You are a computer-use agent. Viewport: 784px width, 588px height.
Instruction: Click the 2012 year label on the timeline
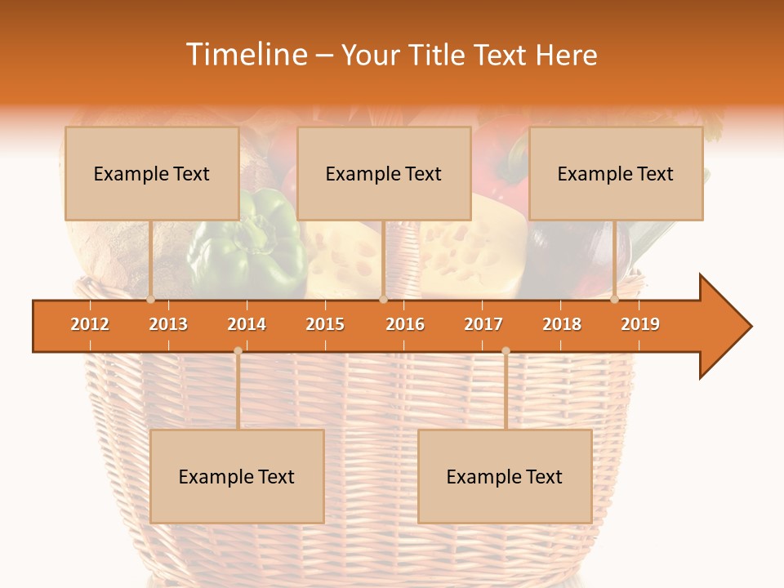point(90,324)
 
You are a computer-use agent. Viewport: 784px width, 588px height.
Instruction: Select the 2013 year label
point(168,324)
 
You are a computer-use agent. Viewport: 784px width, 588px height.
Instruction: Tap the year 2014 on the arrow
point(247,324)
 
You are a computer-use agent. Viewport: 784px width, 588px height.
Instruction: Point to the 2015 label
point(325,324)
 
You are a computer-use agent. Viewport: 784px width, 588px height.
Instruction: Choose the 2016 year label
point(405,324)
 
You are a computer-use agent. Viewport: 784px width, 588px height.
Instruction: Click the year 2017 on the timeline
point(483,324)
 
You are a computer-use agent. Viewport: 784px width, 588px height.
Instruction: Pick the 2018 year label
point(562,324)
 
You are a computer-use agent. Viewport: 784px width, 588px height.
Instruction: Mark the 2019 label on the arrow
point(640,324)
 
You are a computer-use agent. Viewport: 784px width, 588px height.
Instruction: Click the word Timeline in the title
point(245,55)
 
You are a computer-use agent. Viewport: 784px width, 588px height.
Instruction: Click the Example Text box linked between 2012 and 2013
point(152,173)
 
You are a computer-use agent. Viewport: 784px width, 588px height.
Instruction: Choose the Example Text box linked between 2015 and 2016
point(384,173)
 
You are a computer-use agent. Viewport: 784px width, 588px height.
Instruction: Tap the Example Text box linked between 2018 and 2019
point(616,173)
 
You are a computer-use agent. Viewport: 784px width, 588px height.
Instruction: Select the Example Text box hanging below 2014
point(237,476)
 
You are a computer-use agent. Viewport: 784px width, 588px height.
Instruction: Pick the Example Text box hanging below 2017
point(505,476)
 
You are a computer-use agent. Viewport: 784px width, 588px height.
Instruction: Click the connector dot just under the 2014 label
point(238,350)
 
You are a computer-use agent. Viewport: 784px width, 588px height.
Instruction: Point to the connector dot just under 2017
point(506,350)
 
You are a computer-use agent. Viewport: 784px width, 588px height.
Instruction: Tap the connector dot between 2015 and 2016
point(383,299)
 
